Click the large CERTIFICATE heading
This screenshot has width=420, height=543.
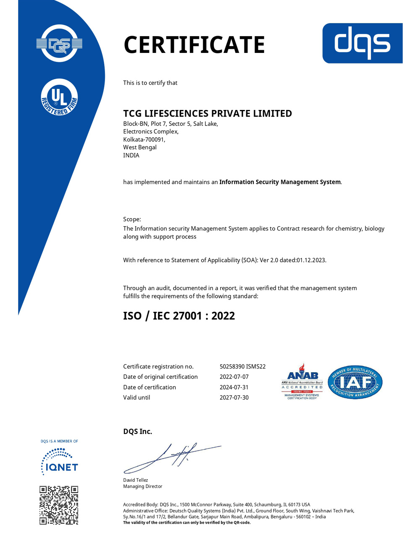click(x=194, y=45)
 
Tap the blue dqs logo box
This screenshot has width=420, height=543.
click(x=362, y=43)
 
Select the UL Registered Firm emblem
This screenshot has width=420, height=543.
click(x=59, y=98)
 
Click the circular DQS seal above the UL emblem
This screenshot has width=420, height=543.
click(x=59, y=44)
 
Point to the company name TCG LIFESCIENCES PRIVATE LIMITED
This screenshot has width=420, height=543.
click(x=207, y=113)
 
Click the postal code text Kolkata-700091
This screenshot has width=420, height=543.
click(x=144, y=139)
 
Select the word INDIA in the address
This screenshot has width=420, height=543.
click(x=131, y=155)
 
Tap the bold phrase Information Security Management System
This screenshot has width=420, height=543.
click(x=280, y=182)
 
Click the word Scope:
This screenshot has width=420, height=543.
click(x=132, y=219)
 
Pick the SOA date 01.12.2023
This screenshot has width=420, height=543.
click(x=311, y=260)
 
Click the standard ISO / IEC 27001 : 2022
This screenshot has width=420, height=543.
click(x=179, y=316)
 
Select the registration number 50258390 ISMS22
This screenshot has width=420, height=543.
click(x=242, y=366)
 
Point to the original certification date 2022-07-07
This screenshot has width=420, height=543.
click(x=234, y=377)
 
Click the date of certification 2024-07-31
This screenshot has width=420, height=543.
click(x=234, y=387)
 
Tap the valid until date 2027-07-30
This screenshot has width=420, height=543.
click(x=234, y=397)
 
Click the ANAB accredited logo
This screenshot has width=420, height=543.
click(x=302, y=382)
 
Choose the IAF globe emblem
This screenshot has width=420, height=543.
click(x=355, y=382)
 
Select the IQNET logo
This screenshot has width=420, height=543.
click(x=59, y=462)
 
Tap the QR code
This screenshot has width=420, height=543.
click(x=59, y=505)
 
